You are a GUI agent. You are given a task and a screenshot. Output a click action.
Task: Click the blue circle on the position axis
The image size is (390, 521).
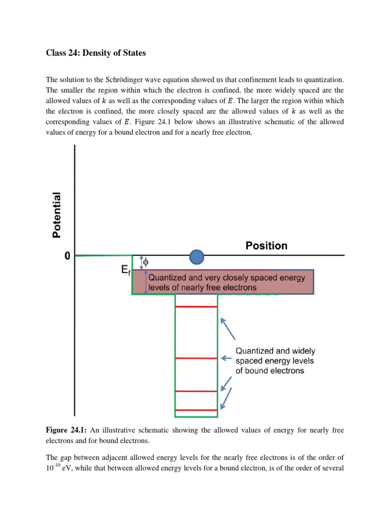click(197, 257)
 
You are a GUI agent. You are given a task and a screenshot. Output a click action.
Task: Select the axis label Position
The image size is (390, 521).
click(266, 246)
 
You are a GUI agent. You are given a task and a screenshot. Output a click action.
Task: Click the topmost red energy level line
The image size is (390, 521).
click(196, 307)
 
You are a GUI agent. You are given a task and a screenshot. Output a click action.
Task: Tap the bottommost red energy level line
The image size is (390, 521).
click(196, 410)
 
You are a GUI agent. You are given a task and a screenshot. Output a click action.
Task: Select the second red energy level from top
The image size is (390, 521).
click(196, 358)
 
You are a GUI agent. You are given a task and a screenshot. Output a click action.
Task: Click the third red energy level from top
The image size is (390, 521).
click(196, 391)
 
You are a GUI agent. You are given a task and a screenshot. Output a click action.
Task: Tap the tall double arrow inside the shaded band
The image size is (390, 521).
click(146, 282)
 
